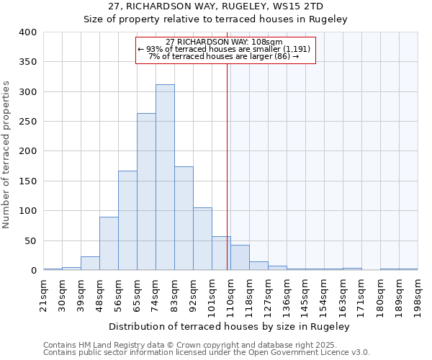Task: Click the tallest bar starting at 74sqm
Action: coord(165,177)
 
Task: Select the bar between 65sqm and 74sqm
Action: coord(146,192)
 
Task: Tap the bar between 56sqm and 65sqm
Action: coord(127,220)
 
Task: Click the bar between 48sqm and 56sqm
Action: coord(109,243)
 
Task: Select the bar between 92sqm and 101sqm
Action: coord(202,239)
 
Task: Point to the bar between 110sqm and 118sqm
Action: coord(240,258)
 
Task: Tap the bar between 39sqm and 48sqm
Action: coord(90,264)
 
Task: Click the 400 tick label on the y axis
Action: coord(28,32)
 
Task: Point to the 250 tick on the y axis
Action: coord(28,122)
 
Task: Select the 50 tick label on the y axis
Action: coord(30,241)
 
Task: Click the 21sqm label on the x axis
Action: coord(44,294)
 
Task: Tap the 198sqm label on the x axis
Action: coord(418,294)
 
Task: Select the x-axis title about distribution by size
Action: coord(230,326)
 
